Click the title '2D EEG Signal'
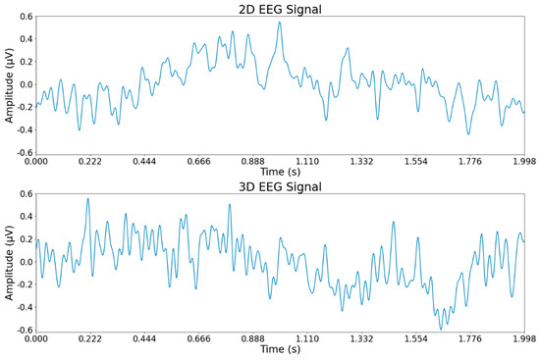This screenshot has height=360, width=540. coord(279,9)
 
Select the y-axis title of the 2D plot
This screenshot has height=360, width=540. coord(9,84)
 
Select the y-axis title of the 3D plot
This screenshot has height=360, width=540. coord(9,262)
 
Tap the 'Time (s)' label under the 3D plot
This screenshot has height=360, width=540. coord(279,350)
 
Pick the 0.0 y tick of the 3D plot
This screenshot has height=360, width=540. coord(22,262)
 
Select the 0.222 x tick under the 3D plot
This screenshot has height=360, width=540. coord(89,338)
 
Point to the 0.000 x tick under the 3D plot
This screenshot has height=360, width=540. coord(35,338)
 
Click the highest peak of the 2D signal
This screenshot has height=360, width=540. coord(280,24)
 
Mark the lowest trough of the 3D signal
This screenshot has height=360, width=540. coord(441,329)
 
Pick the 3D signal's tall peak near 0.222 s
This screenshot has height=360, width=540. coord(88,199)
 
